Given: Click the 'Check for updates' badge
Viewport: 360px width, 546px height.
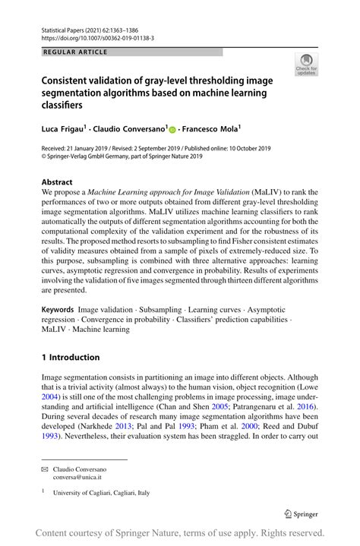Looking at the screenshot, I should pos(307,65).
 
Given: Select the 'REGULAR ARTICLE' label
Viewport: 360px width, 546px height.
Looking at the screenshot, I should pos(77,52).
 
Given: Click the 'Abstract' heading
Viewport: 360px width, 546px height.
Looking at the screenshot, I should pos(57,182).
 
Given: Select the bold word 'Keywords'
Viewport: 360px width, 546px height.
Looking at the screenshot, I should pos(58,310).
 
